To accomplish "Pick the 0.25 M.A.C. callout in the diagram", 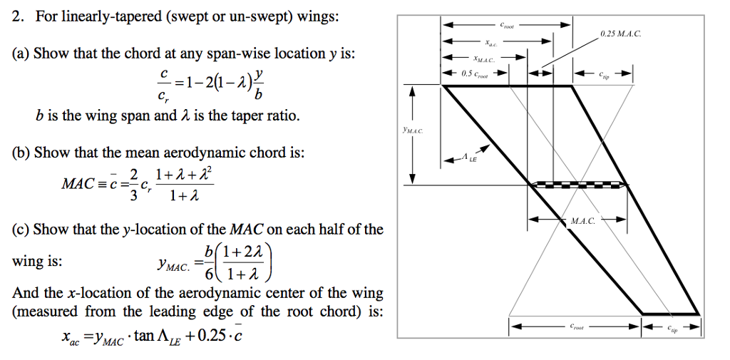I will (x=622, y=33).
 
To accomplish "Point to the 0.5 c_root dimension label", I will (x=475, y=73).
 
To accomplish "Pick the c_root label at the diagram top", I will (x=507, y=25).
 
